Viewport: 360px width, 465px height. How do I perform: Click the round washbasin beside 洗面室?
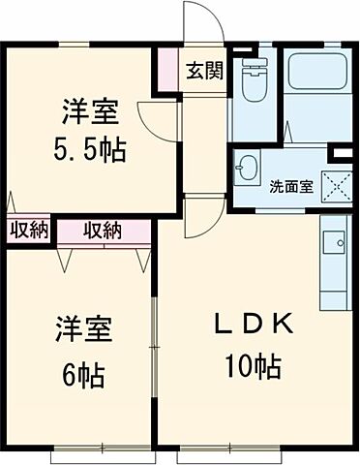tap(248, 166)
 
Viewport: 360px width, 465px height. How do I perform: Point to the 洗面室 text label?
tap(290, 186)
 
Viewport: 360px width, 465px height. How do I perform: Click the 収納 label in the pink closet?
tap(103, 230)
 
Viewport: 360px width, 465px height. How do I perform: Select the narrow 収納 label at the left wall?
tap(28, 230)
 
